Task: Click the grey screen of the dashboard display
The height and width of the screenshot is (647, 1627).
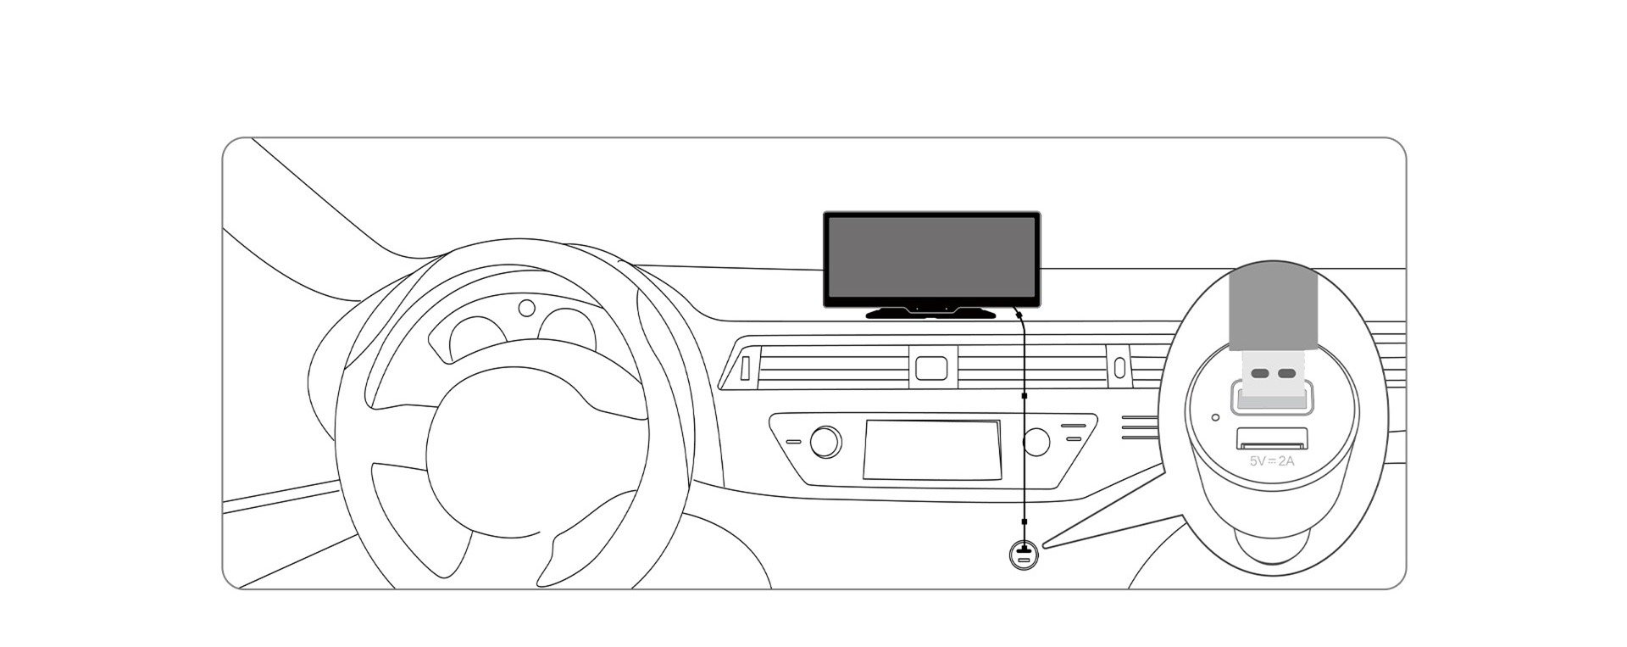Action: pyautogui.click(x=931, y=258)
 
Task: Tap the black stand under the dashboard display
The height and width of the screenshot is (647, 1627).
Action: pyautogui.click(x=931, y=313)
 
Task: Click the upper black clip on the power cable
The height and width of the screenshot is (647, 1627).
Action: pyautogui.click(x=1025, y=396)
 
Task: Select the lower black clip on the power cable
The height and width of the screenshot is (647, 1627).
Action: pyautogui.click(x=1025, y=521)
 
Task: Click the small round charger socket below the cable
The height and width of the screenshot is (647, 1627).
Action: pyautogui.click(x=1024, y=556)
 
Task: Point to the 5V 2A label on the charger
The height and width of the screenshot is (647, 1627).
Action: pyautogui.click(x=1272, y=461)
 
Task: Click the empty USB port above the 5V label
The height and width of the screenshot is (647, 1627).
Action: pyautogui.click(x=1272, y=439)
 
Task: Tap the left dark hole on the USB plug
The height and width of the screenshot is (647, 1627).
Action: pyautogui.click(x=1260, y=374)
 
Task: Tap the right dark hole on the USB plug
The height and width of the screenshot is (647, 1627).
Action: pyautogui.click(x=1286, y=374)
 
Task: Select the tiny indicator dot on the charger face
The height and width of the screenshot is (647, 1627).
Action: pyautogui.click(x=1216, y=417)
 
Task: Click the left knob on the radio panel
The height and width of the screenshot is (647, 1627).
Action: pyautogui.click(x=825, y=442)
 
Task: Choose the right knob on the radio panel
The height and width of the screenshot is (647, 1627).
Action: pyautogui.click(x=1036, y=441)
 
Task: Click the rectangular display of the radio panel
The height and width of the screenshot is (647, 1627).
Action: pyautogui.click(x=932, y=449)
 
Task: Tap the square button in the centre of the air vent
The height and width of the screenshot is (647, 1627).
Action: pyautogui.click(x=930, y=367)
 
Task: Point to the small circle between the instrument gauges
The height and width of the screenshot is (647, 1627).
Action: pyautogui.click(x=527, y=308)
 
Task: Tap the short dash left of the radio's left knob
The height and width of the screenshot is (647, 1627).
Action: pyautogui.click(x=793, y=442)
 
